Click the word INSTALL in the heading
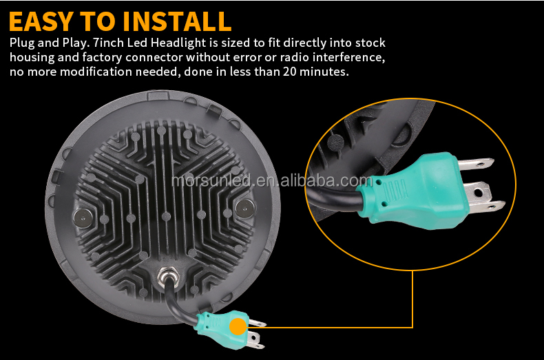[x=177, y=21]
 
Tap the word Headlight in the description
[x=178, y=43]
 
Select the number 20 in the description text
[x=290, y=72]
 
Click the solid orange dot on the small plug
[x=238, y=326]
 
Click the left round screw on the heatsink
[x=83, y=218]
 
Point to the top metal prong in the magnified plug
[x=474, y=163]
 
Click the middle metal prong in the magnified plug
[x=478, y=191]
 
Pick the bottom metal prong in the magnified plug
[x=486, y=207]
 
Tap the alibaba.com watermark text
[x=326, y=181]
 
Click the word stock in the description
[x=370, y=43]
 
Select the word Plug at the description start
[x=21, y=43]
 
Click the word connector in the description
[x=154, y=57]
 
